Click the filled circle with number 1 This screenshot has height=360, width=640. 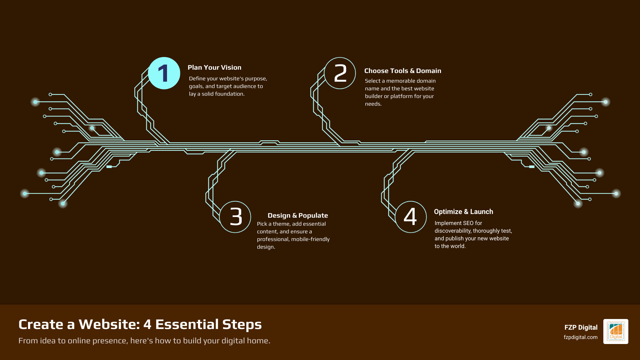(x=164, y=73)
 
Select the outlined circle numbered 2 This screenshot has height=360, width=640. (x=340, y=73)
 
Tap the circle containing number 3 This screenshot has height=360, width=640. (x=235, y=217)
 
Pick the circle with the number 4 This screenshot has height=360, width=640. (x=411, y=217)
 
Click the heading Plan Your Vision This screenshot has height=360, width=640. (x=214, y=68)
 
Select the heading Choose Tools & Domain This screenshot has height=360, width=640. (x=403, y=71)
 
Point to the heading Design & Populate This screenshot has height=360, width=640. (x=298, y=216)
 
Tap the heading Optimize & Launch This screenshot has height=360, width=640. (x=463, y=212)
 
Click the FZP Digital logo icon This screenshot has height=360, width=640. (x=616, y=332)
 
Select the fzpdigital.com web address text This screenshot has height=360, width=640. (x=580, y=337)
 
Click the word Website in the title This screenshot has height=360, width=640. (x=109, y=325)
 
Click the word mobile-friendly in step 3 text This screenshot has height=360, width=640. (x=310, y=239)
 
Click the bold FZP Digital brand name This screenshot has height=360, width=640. (x=581, y=328)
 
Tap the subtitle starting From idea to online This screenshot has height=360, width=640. (x=144, y=341)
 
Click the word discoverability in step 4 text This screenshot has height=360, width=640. (x=453, y=231)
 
